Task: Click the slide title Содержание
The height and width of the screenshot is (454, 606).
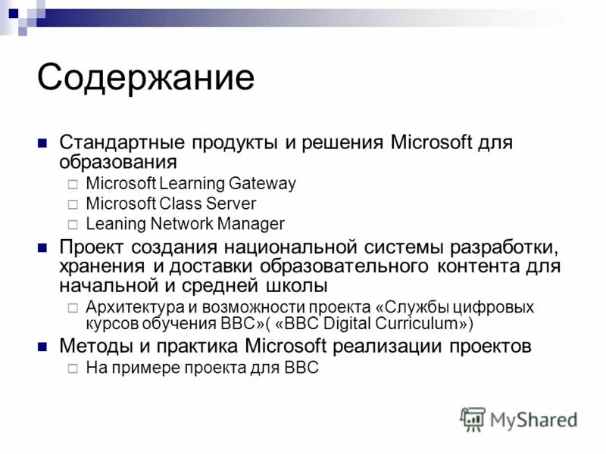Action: [145, 78]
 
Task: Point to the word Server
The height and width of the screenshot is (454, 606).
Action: [231, 204]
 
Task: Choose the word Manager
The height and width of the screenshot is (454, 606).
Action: [251, 224]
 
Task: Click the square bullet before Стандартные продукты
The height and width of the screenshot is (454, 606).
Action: [43, 143]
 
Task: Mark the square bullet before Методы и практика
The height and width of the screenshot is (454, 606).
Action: [43, 347]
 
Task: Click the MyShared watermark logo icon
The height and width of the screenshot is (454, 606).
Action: [473, 418]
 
